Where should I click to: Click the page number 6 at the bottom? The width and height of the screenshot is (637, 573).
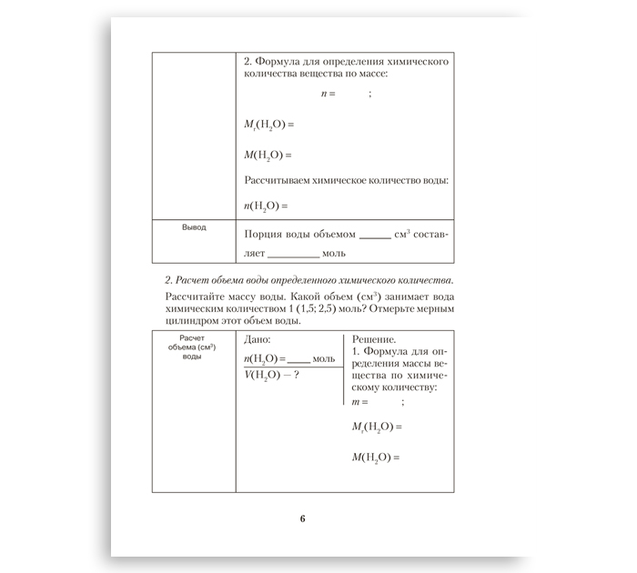[x=302, y=519]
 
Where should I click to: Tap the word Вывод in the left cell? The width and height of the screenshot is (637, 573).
[x=194, y=227]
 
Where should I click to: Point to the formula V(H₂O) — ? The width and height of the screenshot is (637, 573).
[x=272, y=377]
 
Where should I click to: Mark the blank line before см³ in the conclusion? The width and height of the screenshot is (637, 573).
[x=374, y=236]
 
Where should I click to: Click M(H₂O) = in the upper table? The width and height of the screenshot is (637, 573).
[x=268, y=155]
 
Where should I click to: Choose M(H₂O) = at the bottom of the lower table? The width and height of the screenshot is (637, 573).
[x=376, y=457]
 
